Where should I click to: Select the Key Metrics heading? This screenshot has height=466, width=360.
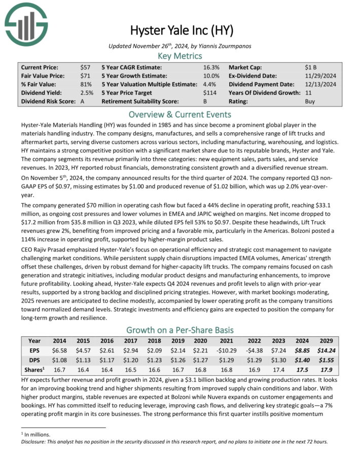pos(180,55)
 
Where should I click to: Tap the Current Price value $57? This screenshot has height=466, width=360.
pos(85,67)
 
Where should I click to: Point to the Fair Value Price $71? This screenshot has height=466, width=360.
pos(85,76)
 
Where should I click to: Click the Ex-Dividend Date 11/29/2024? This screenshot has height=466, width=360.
pos(327,76)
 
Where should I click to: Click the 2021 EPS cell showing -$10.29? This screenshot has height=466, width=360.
pos(226,350)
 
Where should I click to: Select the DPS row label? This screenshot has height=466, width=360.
pos(34,359)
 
